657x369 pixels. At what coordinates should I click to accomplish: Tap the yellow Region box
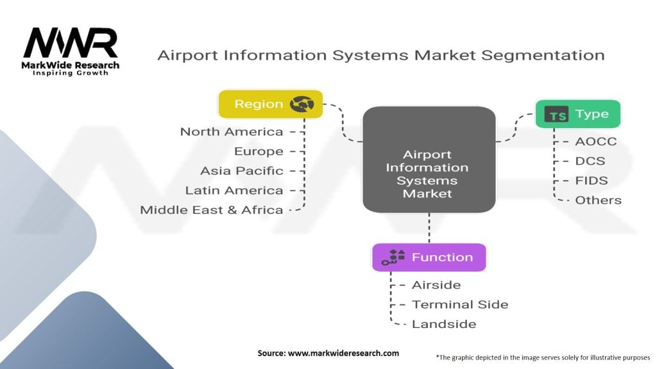pyautogui.click(x=270, y=104)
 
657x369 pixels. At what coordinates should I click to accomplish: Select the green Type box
pyautogui.click(x=577, y=114)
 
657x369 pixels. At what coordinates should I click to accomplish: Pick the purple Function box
pyautogui.click(x=429, y=258)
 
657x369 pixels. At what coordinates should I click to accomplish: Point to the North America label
pyautogui.click(x=231, y=132)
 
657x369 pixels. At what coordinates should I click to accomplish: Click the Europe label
pyautogui.click(x=259, y=151)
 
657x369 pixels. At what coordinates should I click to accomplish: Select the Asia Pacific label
pyautogui.click(x=241, y=171)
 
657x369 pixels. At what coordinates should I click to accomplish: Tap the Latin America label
pyautogui.click(x=234, y=190)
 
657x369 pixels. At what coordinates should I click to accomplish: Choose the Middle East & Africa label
pyautogui.click(x=212, y=210)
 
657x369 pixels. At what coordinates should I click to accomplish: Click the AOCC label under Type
pyautogui.click(x=595, y=142)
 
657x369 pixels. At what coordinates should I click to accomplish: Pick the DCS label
pyautogui.click(x=590, y=161)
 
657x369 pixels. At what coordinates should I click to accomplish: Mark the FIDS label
pyautogui.click(x=592, y=181)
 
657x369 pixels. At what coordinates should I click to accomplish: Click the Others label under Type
pyautogui.click(x=598, y=200)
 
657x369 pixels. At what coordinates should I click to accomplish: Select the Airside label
pyautogui.click(x=436, y=284)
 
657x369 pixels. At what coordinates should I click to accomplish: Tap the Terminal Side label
pyautogui.click(x=460, y=304)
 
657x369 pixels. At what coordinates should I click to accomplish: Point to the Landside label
pyautogui.click(x=444, y=324)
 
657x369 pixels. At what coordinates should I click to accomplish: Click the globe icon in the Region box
pyautogui.click(x=302, y=104)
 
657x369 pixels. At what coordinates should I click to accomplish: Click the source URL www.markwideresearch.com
pyautogui.click(x=343, y=353)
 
